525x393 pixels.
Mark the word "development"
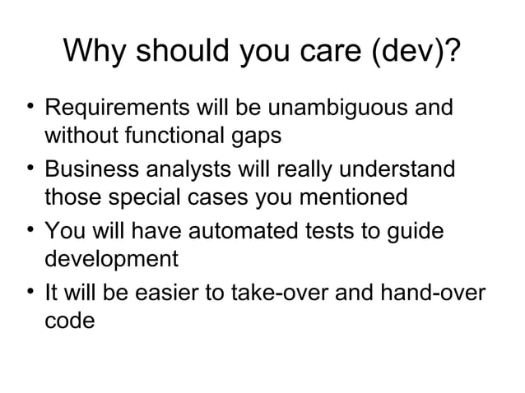[110, 261]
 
